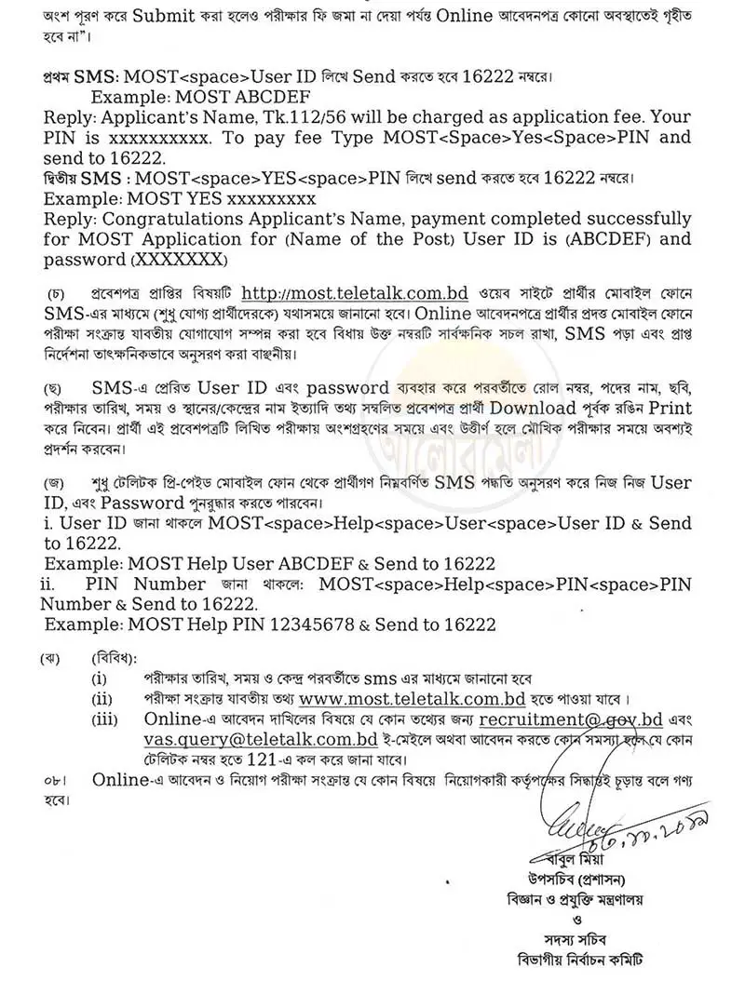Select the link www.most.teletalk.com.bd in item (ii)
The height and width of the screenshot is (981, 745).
point(414,699)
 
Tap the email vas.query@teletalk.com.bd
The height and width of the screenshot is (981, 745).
point(254,740)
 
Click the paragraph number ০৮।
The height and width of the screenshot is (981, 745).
point(54,780)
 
